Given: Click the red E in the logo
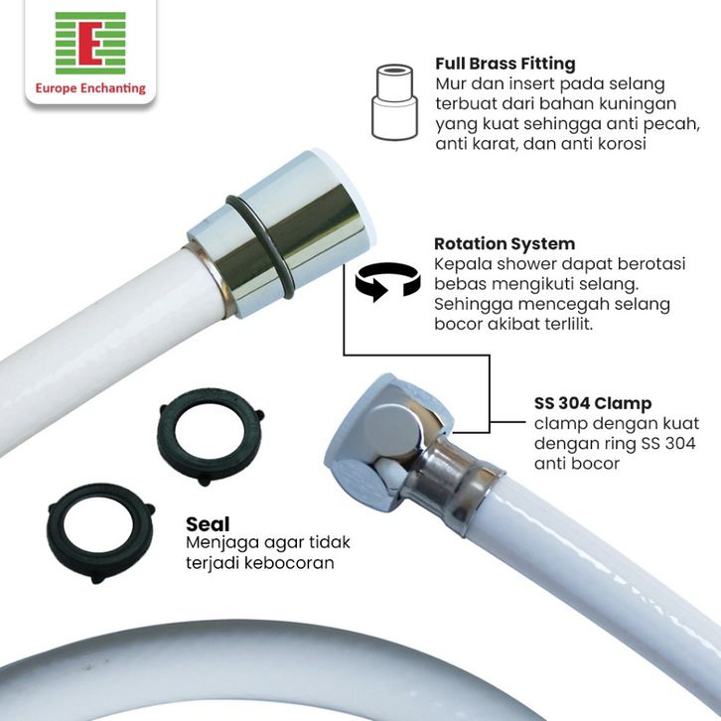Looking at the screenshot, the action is (x=90, y=44).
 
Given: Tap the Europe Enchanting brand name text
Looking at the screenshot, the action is (x=90, y=87).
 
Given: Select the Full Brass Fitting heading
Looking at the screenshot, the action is (x=505, y=64).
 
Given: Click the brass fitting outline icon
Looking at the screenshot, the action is (x=394, y=102).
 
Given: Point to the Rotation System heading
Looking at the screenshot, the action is (x=505, y=243).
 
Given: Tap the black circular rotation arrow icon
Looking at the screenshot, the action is (x=387, y=281).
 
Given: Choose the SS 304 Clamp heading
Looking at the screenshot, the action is (x=593, y=403).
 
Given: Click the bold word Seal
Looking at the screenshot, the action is (x=208, y=524).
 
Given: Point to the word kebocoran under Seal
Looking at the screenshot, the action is (x=289, y=563).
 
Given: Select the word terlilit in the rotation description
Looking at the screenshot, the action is (x=569, y=324).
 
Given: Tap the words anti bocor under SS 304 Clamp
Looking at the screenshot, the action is (x=577, y=463).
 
